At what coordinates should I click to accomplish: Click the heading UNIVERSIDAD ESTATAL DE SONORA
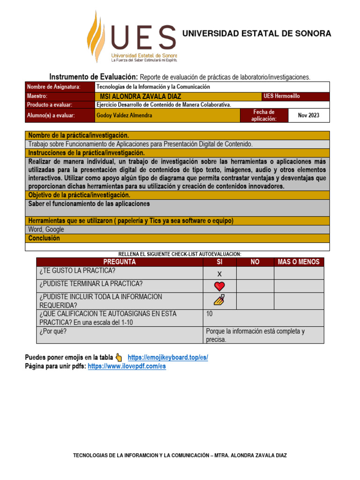tap(256, 33)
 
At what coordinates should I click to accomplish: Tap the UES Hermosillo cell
tap(281, 96)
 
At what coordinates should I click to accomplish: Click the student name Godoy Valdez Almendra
tap(124, 115)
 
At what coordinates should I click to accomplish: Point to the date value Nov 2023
tap(309, 115)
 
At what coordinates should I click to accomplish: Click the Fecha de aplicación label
tap(263, 115)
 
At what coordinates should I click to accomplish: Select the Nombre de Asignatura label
tap(53, 87)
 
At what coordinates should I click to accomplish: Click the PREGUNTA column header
tap(120, 262)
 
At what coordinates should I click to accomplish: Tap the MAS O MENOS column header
tap(299, 262)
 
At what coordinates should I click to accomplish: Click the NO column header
tap(255, 262)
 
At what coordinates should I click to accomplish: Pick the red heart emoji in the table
tap(219, 286)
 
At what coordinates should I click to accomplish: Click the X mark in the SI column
tap(219, 274)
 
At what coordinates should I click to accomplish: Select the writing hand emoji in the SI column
tap(219, 300)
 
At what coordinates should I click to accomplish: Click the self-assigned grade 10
tap(210, 314)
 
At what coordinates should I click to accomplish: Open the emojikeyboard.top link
tap(167, 357)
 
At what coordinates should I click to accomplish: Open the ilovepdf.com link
tap(127, 367)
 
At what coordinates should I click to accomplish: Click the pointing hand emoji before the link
tap(119, 357)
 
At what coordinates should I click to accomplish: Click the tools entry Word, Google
tap(46, 230)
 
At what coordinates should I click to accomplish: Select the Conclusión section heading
tap(44, 238)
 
